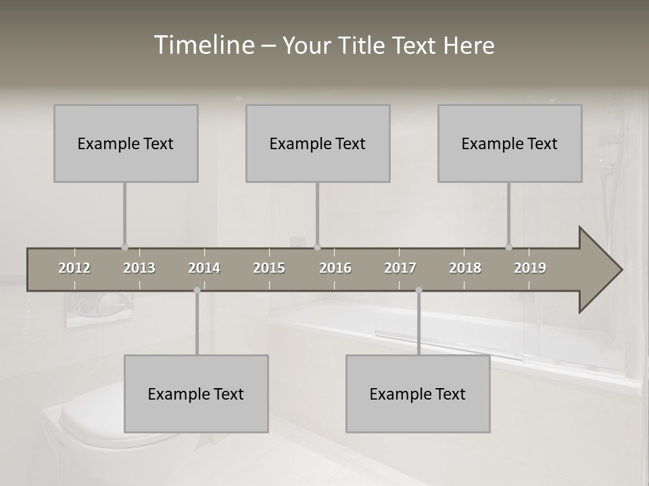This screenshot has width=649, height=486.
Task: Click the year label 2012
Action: pos(74,268)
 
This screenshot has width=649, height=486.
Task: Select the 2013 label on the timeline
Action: pos(139,268)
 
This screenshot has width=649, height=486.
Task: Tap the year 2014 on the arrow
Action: pos(204,268)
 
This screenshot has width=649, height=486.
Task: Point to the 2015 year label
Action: pos(269,268)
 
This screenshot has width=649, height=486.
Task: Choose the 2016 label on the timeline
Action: pos(335,268)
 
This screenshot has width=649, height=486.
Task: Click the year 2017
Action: pos(400,268)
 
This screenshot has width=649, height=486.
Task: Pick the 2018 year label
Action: pos(465,268)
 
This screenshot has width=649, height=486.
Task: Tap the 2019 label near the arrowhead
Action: pos(530,268)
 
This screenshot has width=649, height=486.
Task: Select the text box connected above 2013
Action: pos(126,143)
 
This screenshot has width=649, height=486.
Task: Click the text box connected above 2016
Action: pos(318,143)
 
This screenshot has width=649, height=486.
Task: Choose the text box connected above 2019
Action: pos(510,143)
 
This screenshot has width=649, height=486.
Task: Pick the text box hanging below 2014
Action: pos(196,394)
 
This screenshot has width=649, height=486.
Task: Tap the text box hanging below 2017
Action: pos(418,394)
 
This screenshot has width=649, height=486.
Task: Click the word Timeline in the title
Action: pos(203,45)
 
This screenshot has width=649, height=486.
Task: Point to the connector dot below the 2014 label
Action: pos(197,290)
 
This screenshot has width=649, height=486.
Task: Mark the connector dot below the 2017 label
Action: pos(418,290)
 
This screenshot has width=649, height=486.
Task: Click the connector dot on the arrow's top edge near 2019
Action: pos(509,247)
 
